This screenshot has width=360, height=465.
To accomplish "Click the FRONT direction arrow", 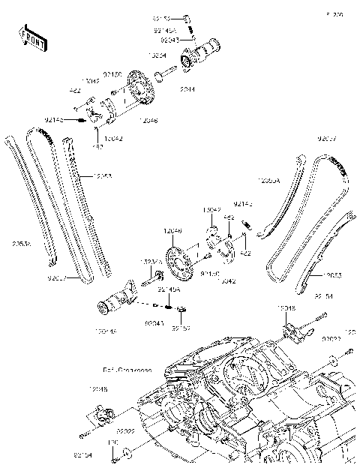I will [32, 39].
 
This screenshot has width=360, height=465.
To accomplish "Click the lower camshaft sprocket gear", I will [178, 259].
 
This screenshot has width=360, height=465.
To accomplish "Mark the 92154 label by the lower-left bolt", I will [82, 454].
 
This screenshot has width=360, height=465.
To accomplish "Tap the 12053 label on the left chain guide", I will [103, 176].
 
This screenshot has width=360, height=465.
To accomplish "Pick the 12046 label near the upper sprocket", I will [147, 120].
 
